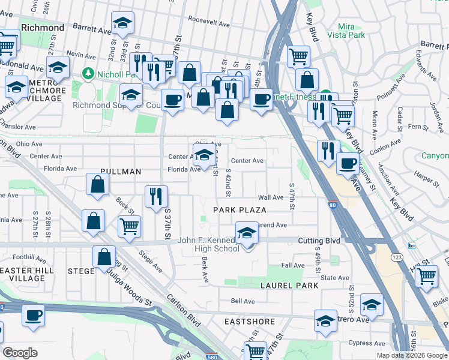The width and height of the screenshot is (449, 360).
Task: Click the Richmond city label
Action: click(x=43, y=28)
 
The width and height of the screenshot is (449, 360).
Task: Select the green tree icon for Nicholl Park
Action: click(x=88, y=74)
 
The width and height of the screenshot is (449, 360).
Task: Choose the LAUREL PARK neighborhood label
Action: click(x=289, y=286)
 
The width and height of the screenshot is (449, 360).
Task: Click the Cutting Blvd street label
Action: click(x=319, y=241)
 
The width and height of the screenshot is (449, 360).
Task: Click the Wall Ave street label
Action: click(x=270, y=197)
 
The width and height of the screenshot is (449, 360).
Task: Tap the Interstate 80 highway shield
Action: click(x=333, y=205)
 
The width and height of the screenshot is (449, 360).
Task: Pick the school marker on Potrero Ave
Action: click(x=325, y=321)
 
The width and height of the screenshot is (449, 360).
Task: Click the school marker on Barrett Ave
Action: click(x=123, y=23)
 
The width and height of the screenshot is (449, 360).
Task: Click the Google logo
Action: click(x=20, y=353)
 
